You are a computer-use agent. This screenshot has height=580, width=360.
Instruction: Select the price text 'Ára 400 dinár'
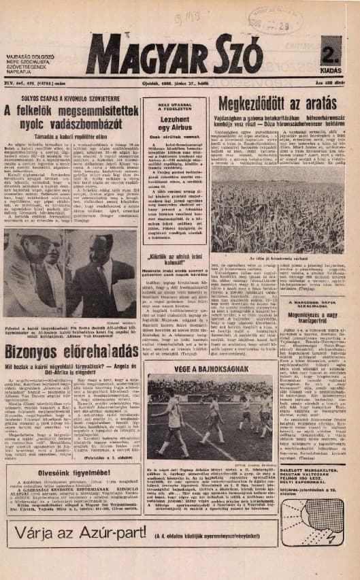pyautogui.click(x=331, y=83)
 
